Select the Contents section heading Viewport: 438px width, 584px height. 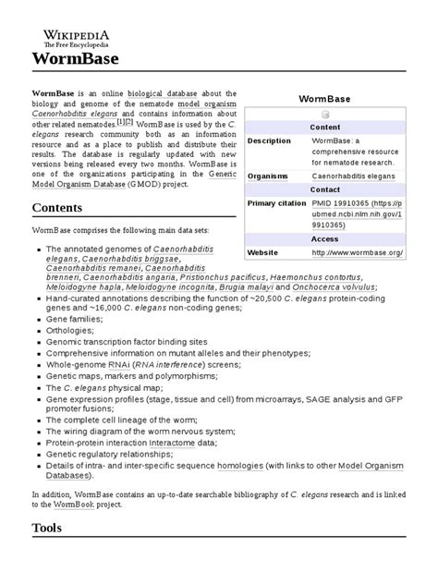[x=61, y=209]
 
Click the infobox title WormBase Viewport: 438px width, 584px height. [x=324, y=97]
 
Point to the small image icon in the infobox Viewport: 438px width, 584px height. [x=325, y=115]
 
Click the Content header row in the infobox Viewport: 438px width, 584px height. [x=324, y=128]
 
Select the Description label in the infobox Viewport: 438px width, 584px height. [x=269, y=140]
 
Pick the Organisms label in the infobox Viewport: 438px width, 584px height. [x=269, y=174]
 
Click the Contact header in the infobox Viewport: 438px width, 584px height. [x=324, y=189]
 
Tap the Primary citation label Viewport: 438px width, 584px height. [x=275, y=202]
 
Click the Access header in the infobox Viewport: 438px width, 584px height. [x=324, y=237]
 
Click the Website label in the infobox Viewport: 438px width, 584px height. [x=262, y=251]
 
